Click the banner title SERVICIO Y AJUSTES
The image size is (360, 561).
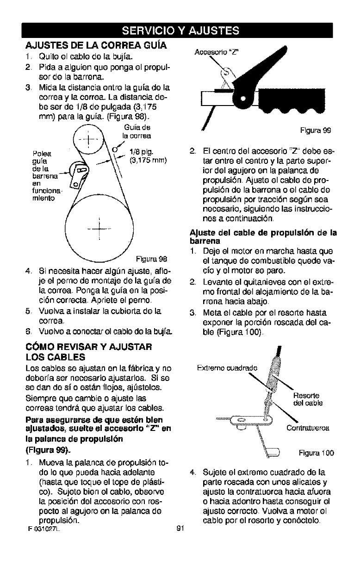(180, 31)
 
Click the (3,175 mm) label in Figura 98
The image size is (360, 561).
(145, 160)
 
